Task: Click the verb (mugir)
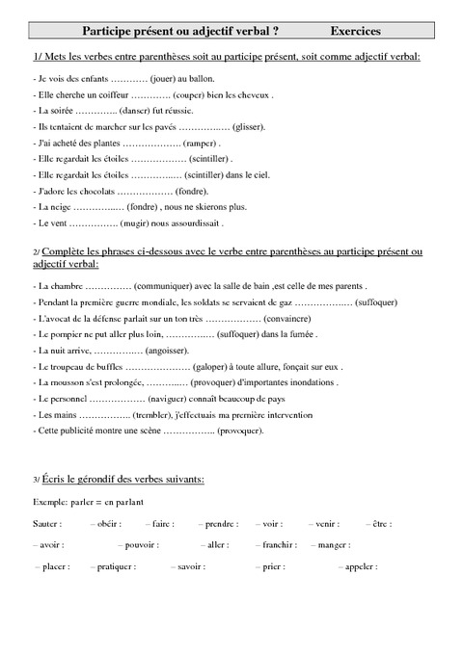(139, 222)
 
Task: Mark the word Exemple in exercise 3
(51, 501)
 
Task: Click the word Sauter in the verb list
(45, 523)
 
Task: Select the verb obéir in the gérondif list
(108, 523)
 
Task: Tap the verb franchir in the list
(275, 545)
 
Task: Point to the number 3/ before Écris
(37, 479)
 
